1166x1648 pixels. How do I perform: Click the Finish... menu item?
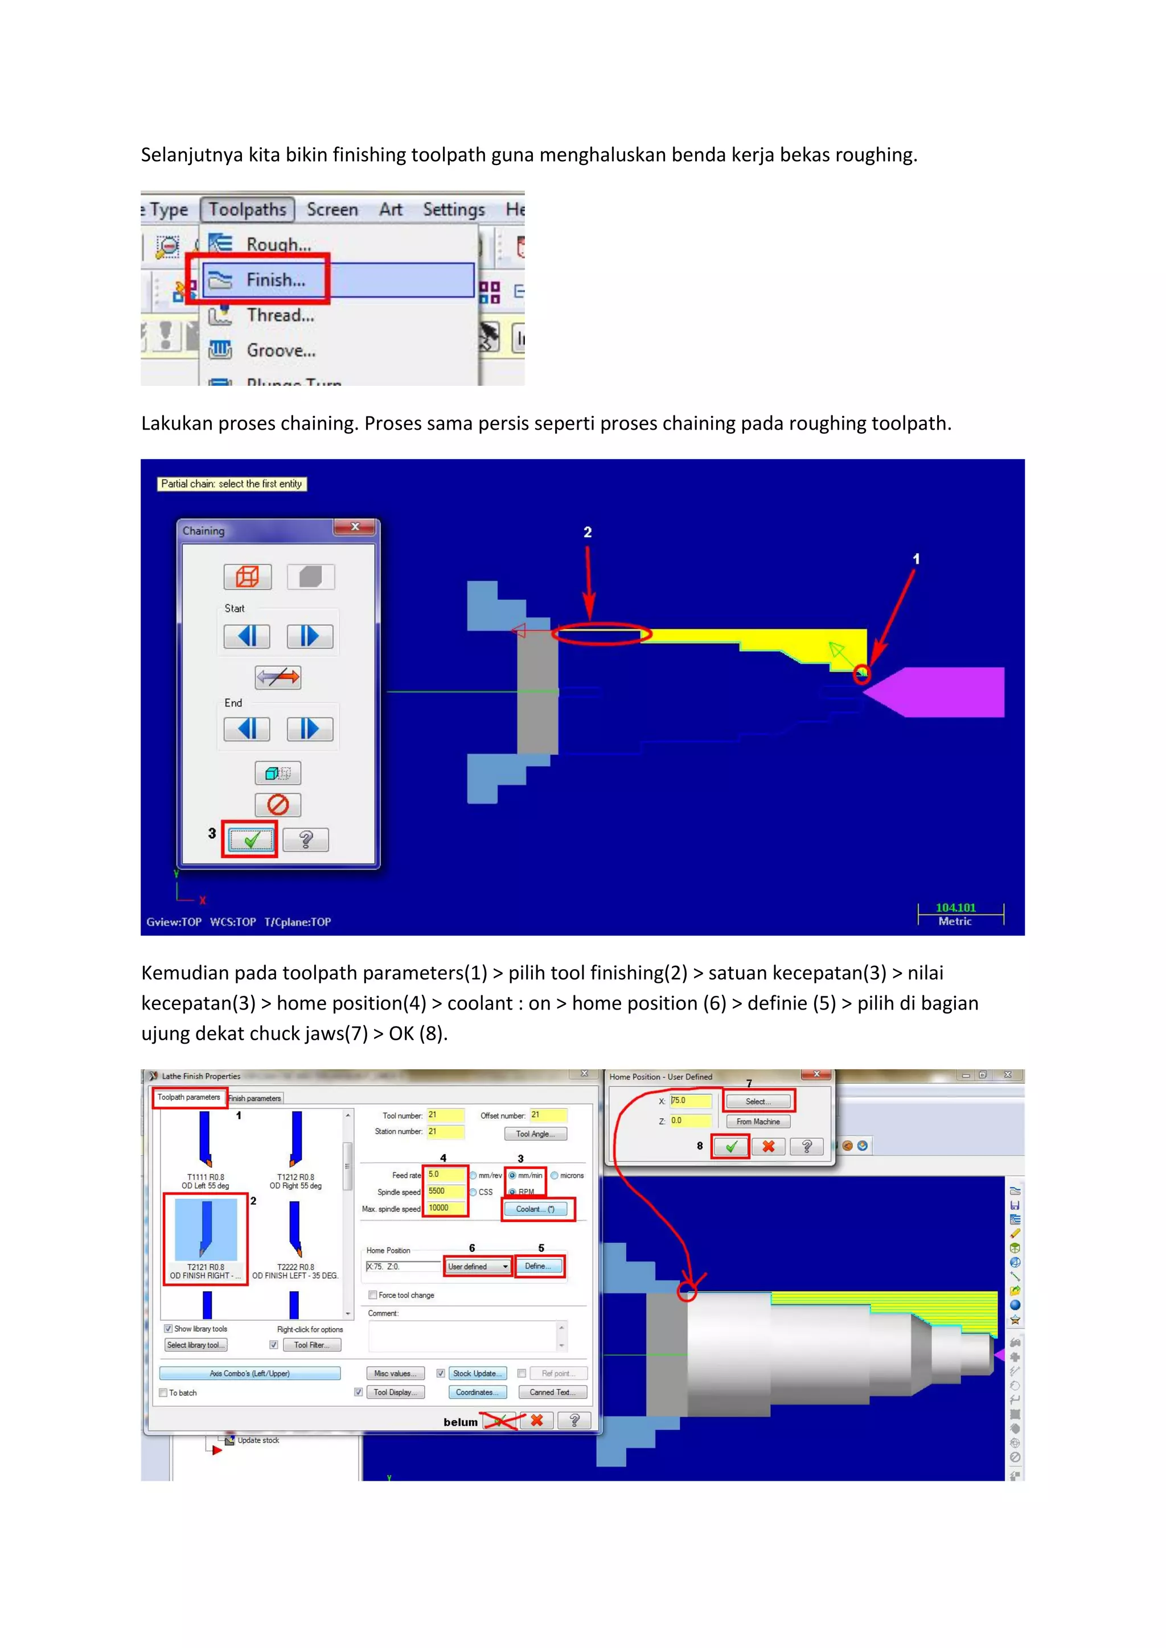276,280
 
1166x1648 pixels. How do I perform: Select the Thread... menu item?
280,315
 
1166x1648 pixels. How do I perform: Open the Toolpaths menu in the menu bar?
248,209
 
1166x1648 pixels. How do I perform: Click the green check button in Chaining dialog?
251,840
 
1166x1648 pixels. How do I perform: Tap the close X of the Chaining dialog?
355,527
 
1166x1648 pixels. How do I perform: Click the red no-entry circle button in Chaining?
278,805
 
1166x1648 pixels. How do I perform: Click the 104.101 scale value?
956,908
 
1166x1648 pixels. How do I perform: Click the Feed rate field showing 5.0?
445,1175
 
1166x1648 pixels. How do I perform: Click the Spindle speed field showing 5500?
445,1192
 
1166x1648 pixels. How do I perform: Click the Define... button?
539,1266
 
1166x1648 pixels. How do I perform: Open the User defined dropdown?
478,1267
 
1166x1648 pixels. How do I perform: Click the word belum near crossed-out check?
460,1423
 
